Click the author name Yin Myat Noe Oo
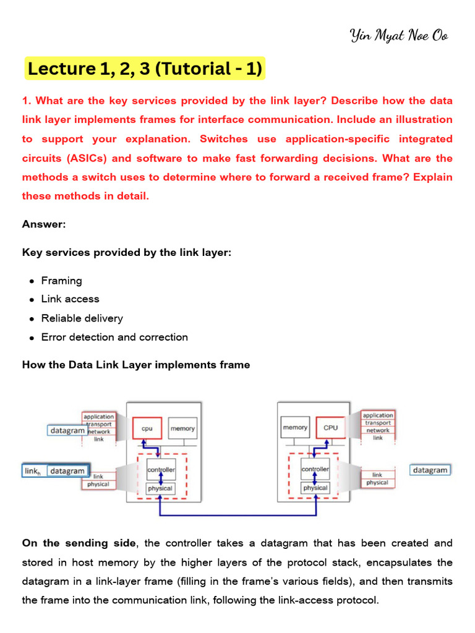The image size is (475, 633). [399, 35]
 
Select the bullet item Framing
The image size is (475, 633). [61, 281]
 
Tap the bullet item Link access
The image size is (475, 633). [70, 299]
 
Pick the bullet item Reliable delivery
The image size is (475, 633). [82, 318]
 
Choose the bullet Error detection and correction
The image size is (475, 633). [114, 338]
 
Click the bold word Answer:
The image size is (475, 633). [44, 224]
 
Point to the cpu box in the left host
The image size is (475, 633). [147, 428]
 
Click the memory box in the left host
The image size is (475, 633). [182, 428]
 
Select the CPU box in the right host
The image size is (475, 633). [330, 427]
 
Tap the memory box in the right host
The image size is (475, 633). [295, 427]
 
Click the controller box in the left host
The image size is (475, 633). [161, 470]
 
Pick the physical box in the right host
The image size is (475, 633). [315, 488]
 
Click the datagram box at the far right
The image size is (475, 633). [430, 470]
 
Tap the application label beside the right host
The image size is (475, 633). [377, 415]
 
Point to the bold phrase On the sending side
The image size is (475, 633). [79, 543]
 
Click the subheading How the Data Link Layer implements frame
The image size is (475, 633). [136, 365]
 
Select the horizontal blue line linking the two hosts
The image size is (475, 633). [238, 514]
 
